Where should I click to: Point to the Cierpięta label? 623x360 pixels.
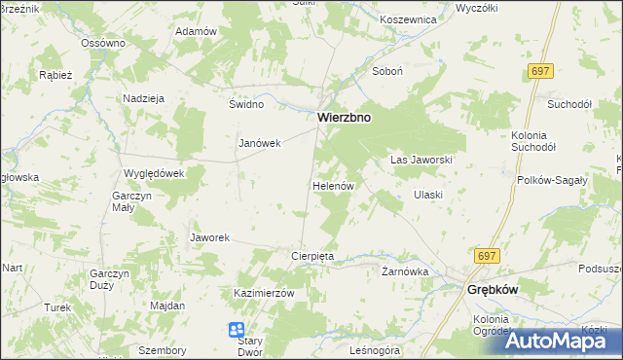[312, 256]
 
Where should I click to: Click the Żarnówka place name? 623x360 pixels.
[405, 271]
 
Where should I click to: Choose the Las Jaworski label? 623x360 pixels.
[421, 159]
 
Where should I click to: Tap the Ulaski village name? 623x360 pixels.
[427, 195]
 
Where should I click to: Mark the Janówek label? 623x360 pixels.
[260, 143]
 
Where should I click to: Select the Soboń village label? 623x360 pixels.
[386, 71]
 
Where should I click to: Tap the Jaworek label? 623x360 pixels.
[209, 237]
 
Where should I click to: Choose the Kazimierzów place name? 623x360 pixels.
[263, 293]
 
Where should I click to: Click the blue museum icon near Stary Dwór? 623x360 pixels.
[237, 331]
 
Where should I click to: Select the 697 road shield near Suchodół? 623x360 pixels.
[542, 71]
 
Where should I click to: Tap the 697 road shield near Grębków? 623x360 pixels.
[488, 255]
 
